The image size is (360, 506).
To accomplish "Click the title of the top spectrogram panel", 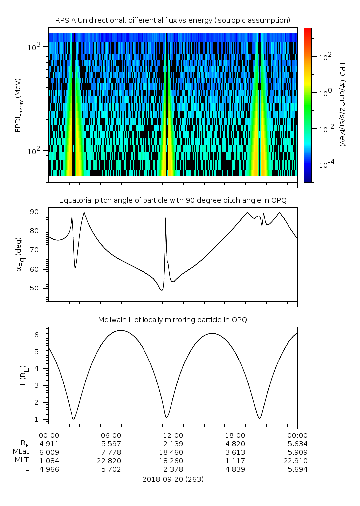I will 173,20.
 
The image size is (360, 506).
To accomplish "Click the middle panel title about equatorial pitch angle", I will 173,200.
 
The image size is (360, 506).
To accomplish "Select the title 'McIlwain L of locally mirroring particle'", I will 173,319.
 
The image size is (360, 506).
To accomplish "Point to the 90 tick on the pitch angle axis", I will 39,212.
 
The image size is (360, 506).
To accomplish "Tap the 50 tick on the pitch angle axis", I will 39,288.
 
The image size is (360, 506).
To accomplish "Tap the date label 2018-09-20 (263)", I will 173,479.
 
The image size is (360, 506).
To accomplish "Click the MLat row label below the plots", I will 22,452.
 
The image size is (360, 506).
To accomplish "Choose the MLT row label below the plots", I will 23,461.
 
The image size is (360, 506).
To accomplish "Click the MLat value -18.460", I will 173,452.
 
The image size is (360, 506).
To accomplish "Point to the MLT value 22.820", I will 111,461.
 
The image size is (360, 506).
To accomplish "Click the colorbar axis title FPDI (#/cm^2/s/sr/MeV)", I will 342,104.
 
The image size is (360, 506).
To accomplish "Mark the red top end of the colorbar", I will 308,31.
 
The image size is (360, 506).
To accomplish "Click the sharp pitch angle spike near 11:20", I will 166,219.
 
